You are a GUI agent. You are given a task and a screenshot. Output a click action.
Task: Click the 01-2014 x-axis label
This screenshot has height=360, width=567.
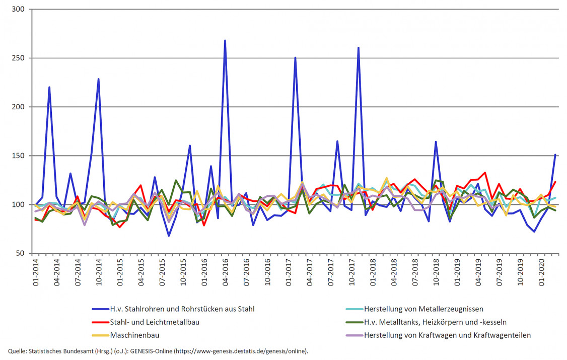(37, 271)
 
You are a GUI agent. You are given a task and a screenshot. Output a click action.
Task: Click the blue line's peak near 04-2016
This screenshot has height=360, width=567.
(225, 40)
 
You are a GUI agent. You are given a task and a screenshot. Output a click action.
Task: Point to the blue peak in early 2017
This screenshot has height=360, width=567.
(295, 57)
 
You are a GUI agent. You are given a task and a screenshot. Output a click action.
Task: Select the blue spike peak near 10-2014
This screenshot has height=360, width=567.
(99, 79)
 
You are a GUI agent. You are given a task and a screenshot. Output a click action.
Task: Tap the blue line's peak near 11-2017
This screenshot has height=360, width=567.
(359, 48)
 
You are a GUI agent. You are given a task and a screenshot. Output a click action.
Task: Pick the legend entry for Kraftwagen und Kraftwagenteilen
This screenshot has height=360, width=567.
(447, 335)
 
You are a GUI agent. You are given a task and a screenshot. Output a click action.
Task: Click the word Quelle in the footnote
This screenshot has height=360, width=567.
(17, 351)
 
